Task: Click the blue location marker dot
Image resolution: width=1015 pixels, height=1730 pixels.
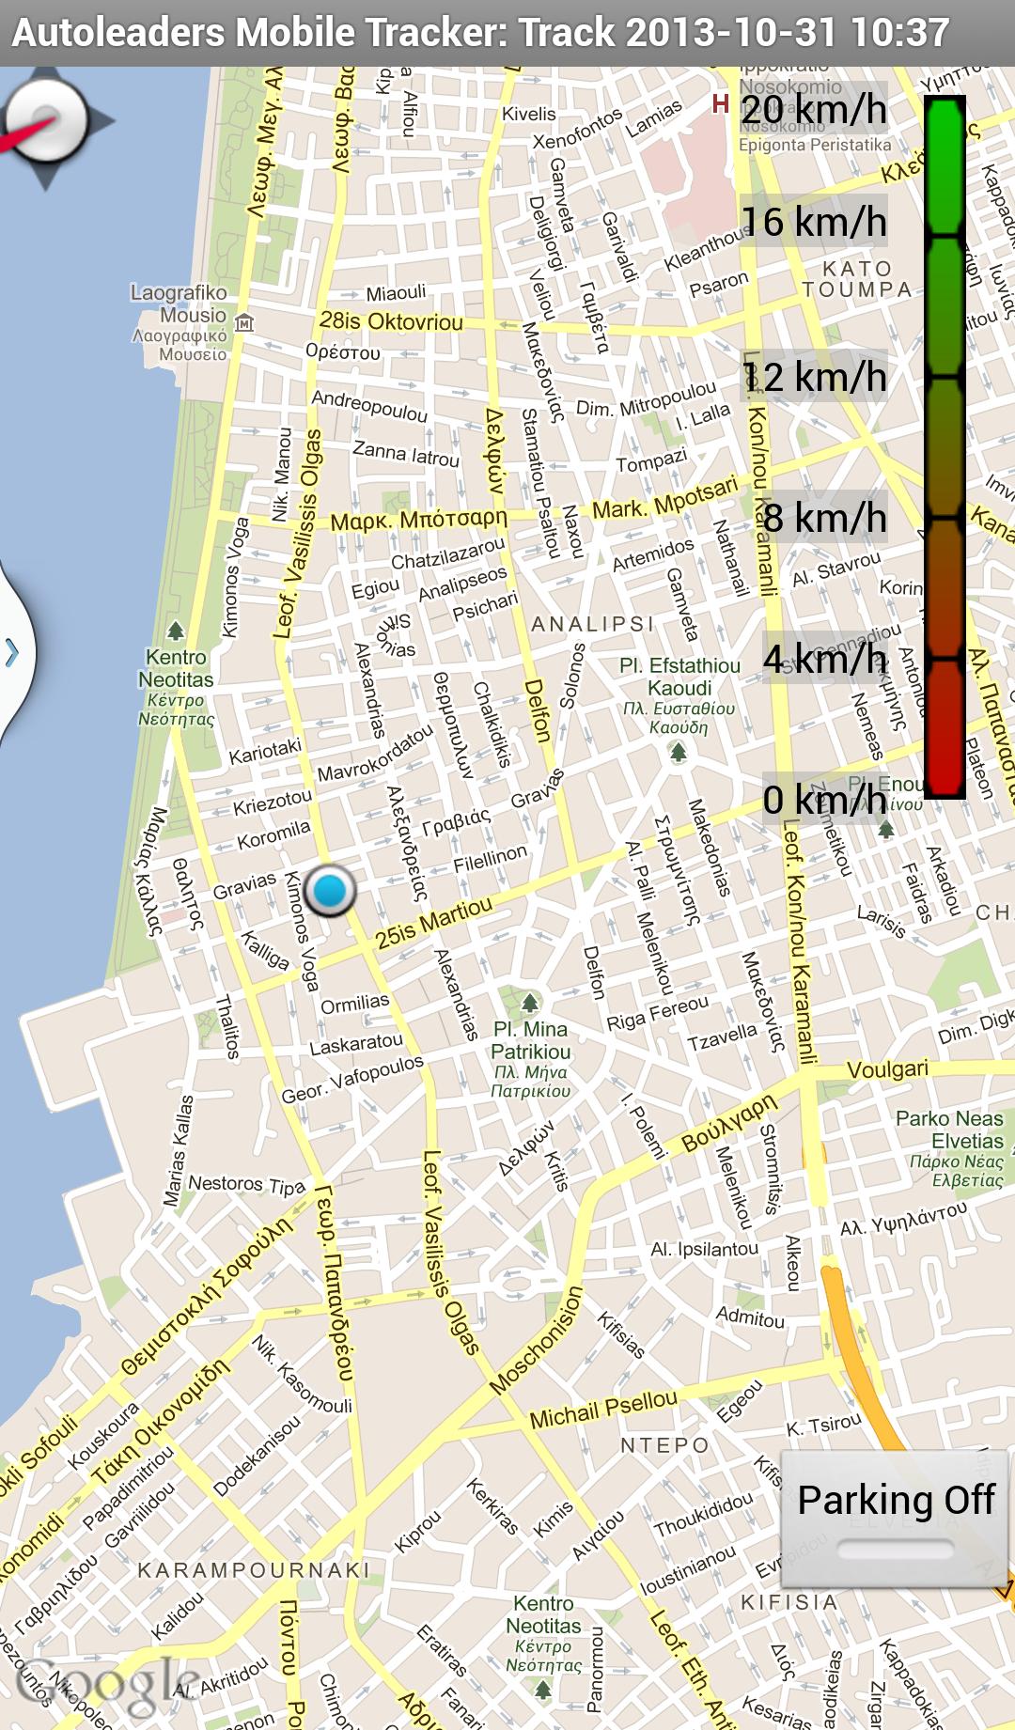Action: pyautogui.click(x=330, y=890)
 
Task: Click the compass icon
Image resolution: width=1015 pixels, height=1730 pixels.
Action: pyautogui.click(x=47, y=121)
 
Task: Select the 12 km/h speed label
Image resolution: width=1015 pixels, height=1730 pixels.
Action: pyautogui.click(x=815, y=378)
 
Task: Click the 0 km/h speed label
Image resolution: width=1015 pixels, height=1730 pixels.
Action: pyautogui.click(x=824, y=800)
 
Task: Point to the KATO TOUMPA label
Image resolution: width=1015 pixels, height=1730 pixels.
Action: pyautogui.click(x=856, y=279)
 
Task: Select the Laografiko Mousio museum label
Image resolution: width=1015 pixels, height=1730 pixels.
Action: pyautogui.click(x=179, y=304)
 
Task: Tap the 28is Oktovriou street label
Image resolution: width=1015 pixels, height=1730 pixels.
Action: pyautogui.click(x=391, y=322)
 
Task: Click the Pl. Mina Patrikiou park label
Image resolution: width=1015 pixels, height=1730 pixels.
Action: pyautogui.click(x=530, y=1040)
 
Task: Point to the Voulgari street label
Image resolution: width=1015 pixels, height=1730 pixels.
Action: pyautogui.click(x=887, y=1069)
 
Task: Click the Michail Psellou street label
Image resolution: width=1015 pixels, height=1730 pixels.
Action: pyautogui.click(x=602, y=1410)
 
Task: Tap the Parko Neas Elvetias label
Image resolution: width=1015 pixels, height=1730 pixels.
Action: pyautogui.click(x=949, y=1130)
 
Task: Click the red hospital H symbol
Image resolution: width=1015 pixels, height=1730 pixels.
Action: pyautogui.click(x=721, y=103)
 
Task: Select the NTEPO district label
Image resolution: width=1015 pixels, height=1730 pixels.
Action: pyautogui.click(x=664, y=1445)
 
